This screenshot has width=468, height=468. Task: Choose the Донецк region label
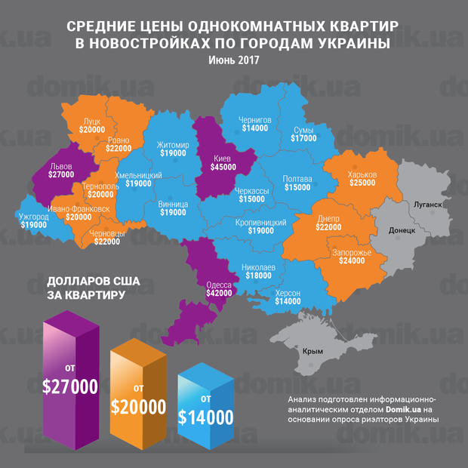402,231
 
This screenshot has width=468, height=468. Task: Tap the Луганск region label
427,205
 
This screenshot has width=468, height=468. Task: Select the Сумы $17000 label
304,134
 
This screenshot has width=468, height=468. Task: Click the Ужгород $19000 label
33,220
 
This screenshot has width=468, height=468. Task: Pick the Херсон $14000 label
288,297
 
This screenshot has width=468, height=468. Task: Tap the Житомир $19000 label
173,148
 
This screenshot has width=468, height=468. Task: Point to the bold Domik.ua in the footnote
385,409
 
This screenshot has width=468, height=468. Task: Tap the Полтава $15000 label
297,183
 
